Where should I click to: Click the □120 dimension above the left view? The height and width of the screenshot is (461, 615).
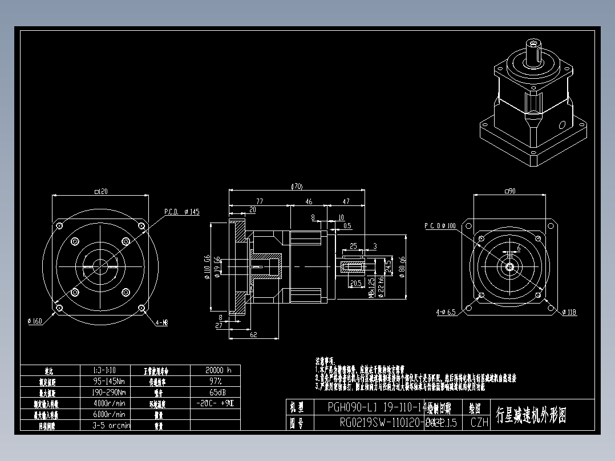[100, 192]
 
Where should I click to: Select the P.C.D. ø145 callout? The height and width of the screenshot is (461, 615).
[182, 212]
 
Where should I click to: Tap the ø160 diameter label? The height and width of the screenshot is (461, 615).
[35, 321]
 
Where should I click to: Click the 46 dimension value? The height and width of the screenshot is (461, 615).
[309, 201]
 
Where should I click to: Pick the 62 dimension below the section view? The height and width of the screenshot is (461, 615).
[253, 335]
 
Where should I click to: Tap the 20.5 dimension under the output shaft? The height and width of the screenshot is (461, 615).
[355, 283]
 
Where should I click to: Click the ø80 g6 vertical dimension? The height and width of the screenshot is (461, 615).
[403, 266]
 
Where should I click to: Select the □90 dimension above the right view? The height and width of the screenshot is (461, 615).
[509, 191]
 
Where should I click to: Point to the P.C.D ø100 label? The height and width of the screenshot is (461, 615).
[440, 226]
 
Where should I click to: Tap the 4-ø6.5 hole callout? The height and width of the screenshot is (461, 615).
[446, 312]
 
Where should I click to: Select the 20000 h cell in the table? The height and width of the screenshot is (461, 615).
[215, 370]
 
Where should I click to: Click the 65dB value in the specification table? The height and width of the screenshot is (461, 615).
[215, 393]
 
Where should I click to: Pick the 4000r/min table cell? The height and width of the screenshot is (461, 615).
[109, 403]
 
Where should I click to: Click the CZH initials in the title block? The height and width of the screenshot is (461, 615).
[479, 423]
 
